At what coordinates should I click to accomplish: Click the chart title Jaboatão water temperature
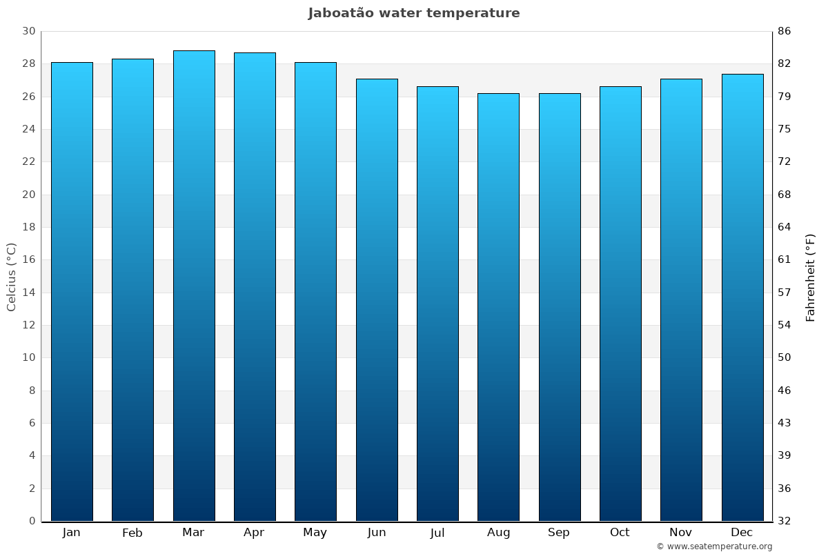(x=414, y=13)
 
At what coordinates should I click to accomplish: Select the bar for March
(x=194, y=286)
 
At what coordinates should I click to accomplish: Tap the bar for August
(x=498, y=307)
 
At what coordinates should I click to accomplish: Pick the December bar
(x=742, y=297)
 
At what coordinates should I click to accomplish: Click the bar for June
(x=377, y=299)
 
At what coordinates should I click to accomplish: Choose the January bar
(x=72, y=291)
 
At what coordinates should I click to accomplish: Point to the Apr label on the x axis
(x=254, y=533)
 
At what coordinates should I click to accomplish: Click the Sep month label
(x=559, y=533)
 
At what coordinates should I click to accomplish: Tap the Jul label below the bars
(x=437, y=533)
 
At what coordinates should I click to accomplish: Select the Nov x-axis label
(x=681, y=533)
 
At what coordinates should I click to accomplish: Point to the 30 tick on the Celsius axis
(x=28, y=31)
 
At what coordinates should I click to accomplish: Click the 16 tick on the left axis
(x=28, y=260)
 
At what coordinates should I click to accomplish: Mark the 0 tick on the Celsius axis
(x=32, y=521)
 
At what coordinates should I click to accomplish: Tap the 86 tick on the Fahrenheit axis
(x=785, y=31)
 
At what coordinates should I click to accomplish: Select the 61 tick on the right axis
(x=785, y=260)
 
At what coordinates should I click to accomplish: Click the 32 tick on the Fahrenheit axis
(x=785, y=521)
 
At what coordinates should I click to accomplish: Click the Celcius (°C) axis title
(x=12, y=277)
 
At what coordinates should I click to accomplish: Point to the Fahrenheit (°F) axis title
(x=811, y=277)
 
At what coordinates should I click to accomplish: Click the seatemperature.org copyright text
(x=714, y=546)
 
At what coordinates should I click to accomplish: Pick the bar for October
(x=620, y=304)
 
